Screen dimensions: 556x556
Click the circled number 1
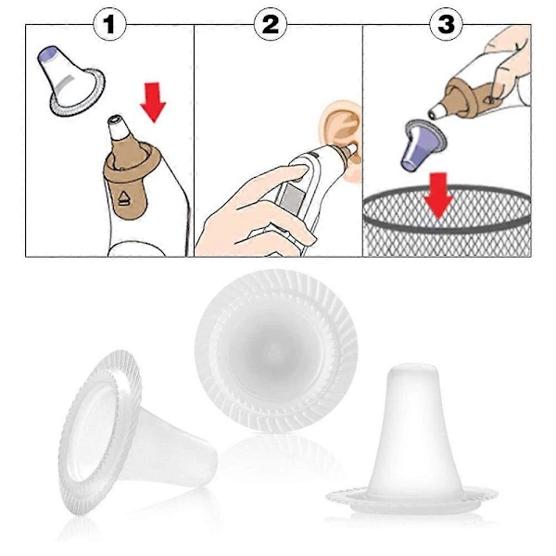click(x=109, y=24)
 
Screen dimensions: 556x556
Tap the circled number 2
click(x=271, y=24)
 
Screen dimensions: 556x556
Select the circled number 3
click(x=446, y=24)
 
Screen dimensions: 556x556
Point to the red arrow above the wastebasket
click(x=438, y=195)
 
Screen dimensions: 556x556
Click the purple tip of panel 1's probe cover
click(x=48, y=54)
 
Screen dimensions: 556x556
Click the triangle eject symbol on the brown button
click(x=124, y=198)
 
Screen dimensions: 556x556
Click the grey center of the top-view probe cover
click(x=275, y=349)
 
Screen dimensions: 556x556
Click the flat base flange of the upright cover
click(x=412, y=500)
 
